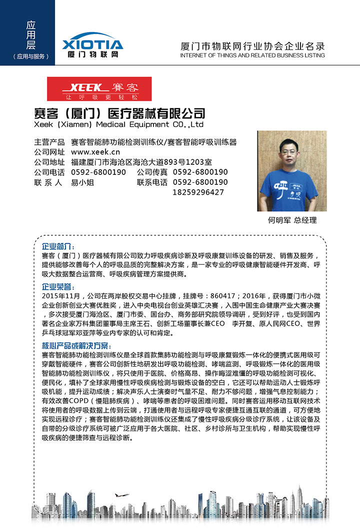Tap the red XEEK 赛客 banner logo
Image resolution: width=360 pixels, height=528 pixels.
pos(99,89)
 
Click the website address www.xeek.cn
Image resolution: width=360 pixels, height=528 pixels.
pos(95,152)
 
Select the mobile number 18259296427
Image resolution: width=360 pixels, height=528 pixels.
pos(198,192)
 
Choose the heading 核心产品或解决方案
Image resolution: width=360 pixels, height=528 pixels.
pos(76,346)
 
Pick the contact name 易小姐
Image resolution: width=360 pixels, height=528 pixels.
pos(82,182)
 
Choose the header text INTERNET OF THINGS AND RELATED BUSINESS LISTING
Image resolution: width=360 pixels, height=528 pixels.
pos(252,55)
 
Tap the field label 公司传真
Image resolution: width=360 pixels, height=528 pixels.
pos(152,172)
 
